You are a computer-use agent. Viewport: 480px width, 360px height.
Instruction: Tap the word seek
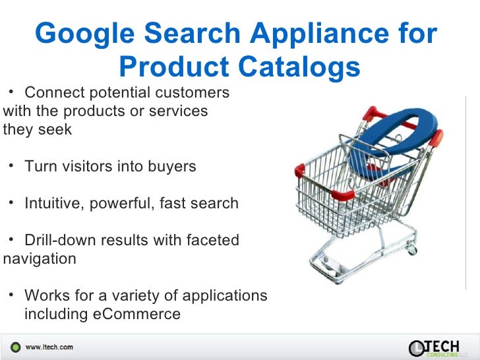coord(55,129)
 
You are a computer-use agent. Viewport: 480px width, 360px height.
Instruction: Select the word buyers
coord(171,166)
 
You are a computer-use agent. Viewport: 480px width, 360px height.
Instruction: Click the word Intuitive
coord(52,203)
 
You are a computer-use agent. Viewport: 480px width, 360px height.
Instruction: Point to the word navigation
coord(40,258)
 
